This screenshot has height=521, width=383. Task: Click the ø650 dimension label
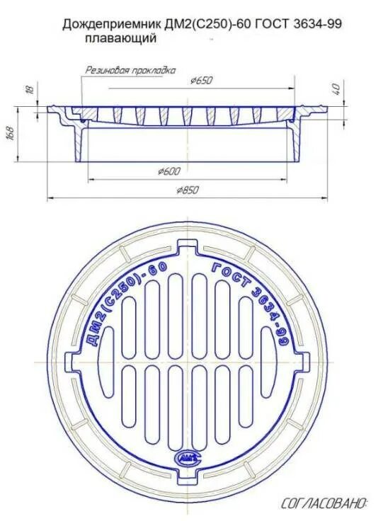(x=201, y=81)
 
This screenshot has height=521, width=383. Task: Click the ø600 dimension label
(x=170, y=171)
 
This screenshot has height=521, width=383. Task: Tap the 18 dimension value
(x=29, y=89)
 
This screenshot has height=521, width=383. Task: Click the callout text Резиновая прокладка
(x=130, y=70)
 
